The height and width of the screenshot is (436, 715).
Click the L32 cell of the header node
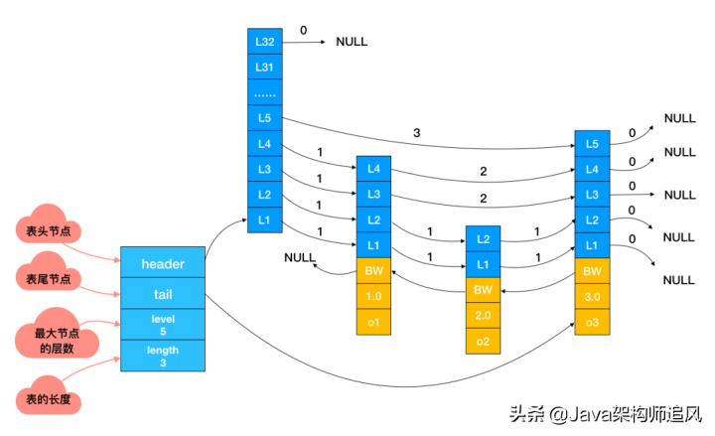coord(265,41)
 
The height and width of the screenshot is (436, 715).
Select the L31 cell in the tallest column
coord(265,67)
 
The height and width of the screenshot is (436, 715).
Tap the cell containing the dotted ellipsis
coord(265,92)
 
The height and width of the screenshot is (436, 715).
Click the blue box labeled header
coord(163,263)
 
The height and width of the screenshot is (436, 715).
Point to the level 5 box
coord(163,324)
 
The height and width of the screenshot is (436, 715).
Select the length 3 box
coord(163,357)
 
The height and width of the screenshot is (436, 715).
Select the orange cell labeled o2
coord(484,341)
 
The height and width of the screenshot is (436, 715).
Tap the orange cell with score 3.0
coord(593,296)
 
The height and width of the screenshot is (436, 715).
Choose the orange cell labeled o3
coord(593,322)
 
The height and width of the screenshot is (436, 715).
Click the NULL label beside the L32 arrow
coord(352,42)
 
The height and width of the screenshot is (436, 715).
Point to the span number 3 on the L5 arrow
coord(416,132)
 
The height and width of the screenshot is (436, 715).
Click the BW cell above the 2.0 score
coord(484,289)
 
